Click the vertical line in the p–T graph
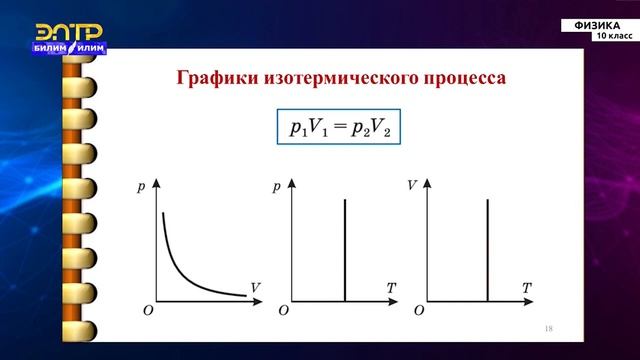click(345, 250)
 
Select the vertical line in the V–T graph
click(486, 250)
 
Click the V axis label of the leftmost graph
click(256, 287)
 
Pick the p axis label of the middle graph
click(277, 187)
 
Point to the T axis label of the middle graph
click(391, 288)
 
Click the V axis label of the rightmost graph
click(413, 187)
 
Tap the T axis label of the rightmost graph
click(526, 288)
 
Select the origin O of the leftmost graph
click(147, 312)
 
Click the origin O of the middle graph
click(283, 312)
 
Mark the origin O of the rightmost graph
click(419, 312)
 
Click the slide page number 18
click(549, 329)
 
